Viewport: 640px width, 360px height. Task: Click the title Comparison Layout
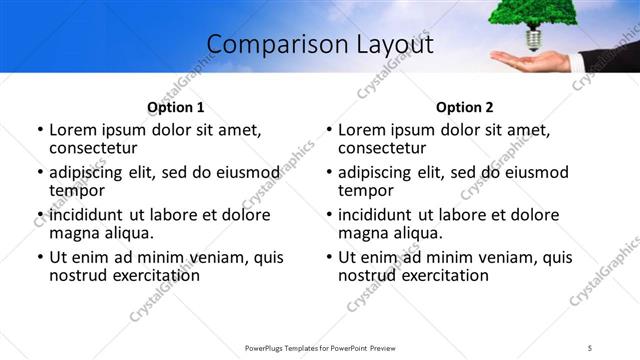pyautogui.click(x=320, y=45)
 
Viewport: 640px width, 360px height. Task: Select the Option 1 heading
pyautogui.click(x=175, y=107)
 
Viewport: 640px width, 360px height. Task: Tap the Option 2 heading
pyautogui.click(x=464, y=107)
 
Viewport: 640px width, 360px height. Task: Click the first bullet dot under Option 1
pyautogui.click(x=40, y=131)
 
